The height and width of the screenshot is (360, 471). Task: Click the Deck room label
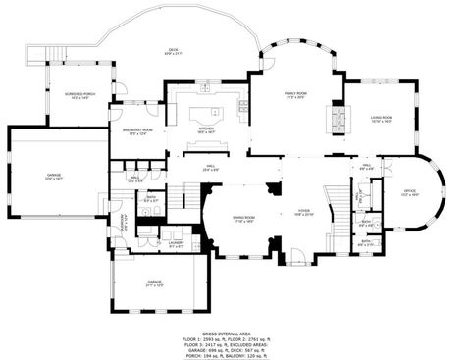[173, 51]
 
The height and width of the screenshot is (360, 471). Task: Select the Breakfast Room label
[137, 132]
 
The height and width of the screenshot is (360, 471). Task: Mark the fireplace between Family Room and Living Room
[339, 117]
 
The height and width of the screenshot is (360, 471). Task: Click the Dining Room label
[244, 220]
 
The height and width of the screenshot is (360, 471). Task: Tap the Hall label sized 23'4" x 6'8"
[209, 169]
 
